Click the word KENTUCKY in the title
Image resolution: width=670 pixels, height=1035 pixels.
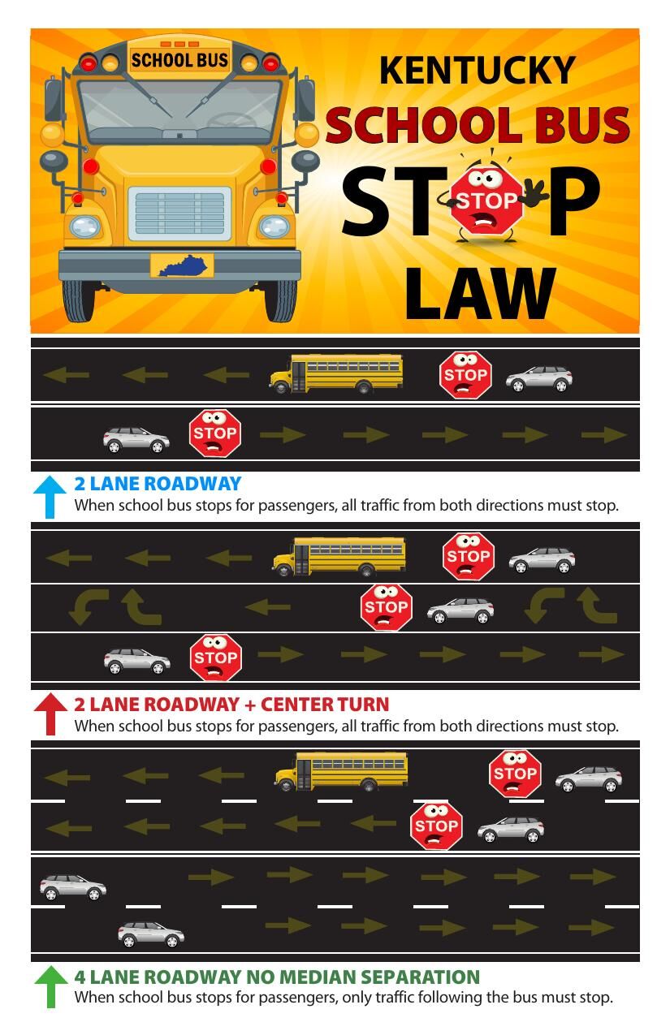tap(477, 70)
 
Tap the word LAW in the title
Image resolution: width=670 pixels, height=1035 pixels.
tap(480, 294)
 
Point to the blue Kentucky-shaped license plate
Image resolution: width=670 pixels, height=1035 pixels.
tap(182, 265)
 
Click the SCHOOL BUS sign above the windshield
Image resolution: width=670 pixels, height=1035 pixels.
tap(179, 60)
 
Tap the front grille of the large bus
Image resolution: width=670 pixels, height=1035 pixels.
tap(179, 213)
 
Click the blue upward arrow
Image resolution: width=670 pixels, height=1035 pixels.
tap(50, 496)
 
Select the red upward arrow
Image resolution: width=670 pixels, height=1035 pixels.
tap(50, 714)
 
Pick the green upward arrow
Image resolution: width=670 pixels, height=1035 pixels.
tap(50, 985)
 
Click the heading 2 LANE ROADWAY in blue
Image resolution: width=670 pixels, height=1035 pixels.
tap(158, 484)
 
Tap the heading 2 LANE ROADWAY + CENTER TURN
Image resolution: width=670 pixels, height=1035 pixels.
tap(231, 704)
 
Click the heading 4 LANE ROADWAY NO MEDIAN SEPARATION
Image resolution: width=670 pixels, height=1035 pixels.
tap(277, 977)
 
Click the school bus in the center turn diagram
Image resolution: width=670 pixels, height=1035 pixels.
tap(339, 556)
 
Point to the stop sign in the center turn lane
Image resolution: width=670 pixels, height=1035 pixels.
tap(386, 608)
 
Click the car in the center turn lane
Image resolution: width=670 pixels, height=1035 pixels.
tap(460, 610)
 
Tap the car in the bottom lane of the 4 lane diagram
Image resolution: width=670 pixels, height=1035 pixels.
tap(151, 934)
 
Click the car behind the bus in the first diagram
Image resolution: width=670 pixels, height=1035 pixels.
tap(539, 378)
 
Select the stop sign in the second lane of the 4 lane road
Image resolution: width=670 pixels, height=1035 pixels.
tap(436, 826)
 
